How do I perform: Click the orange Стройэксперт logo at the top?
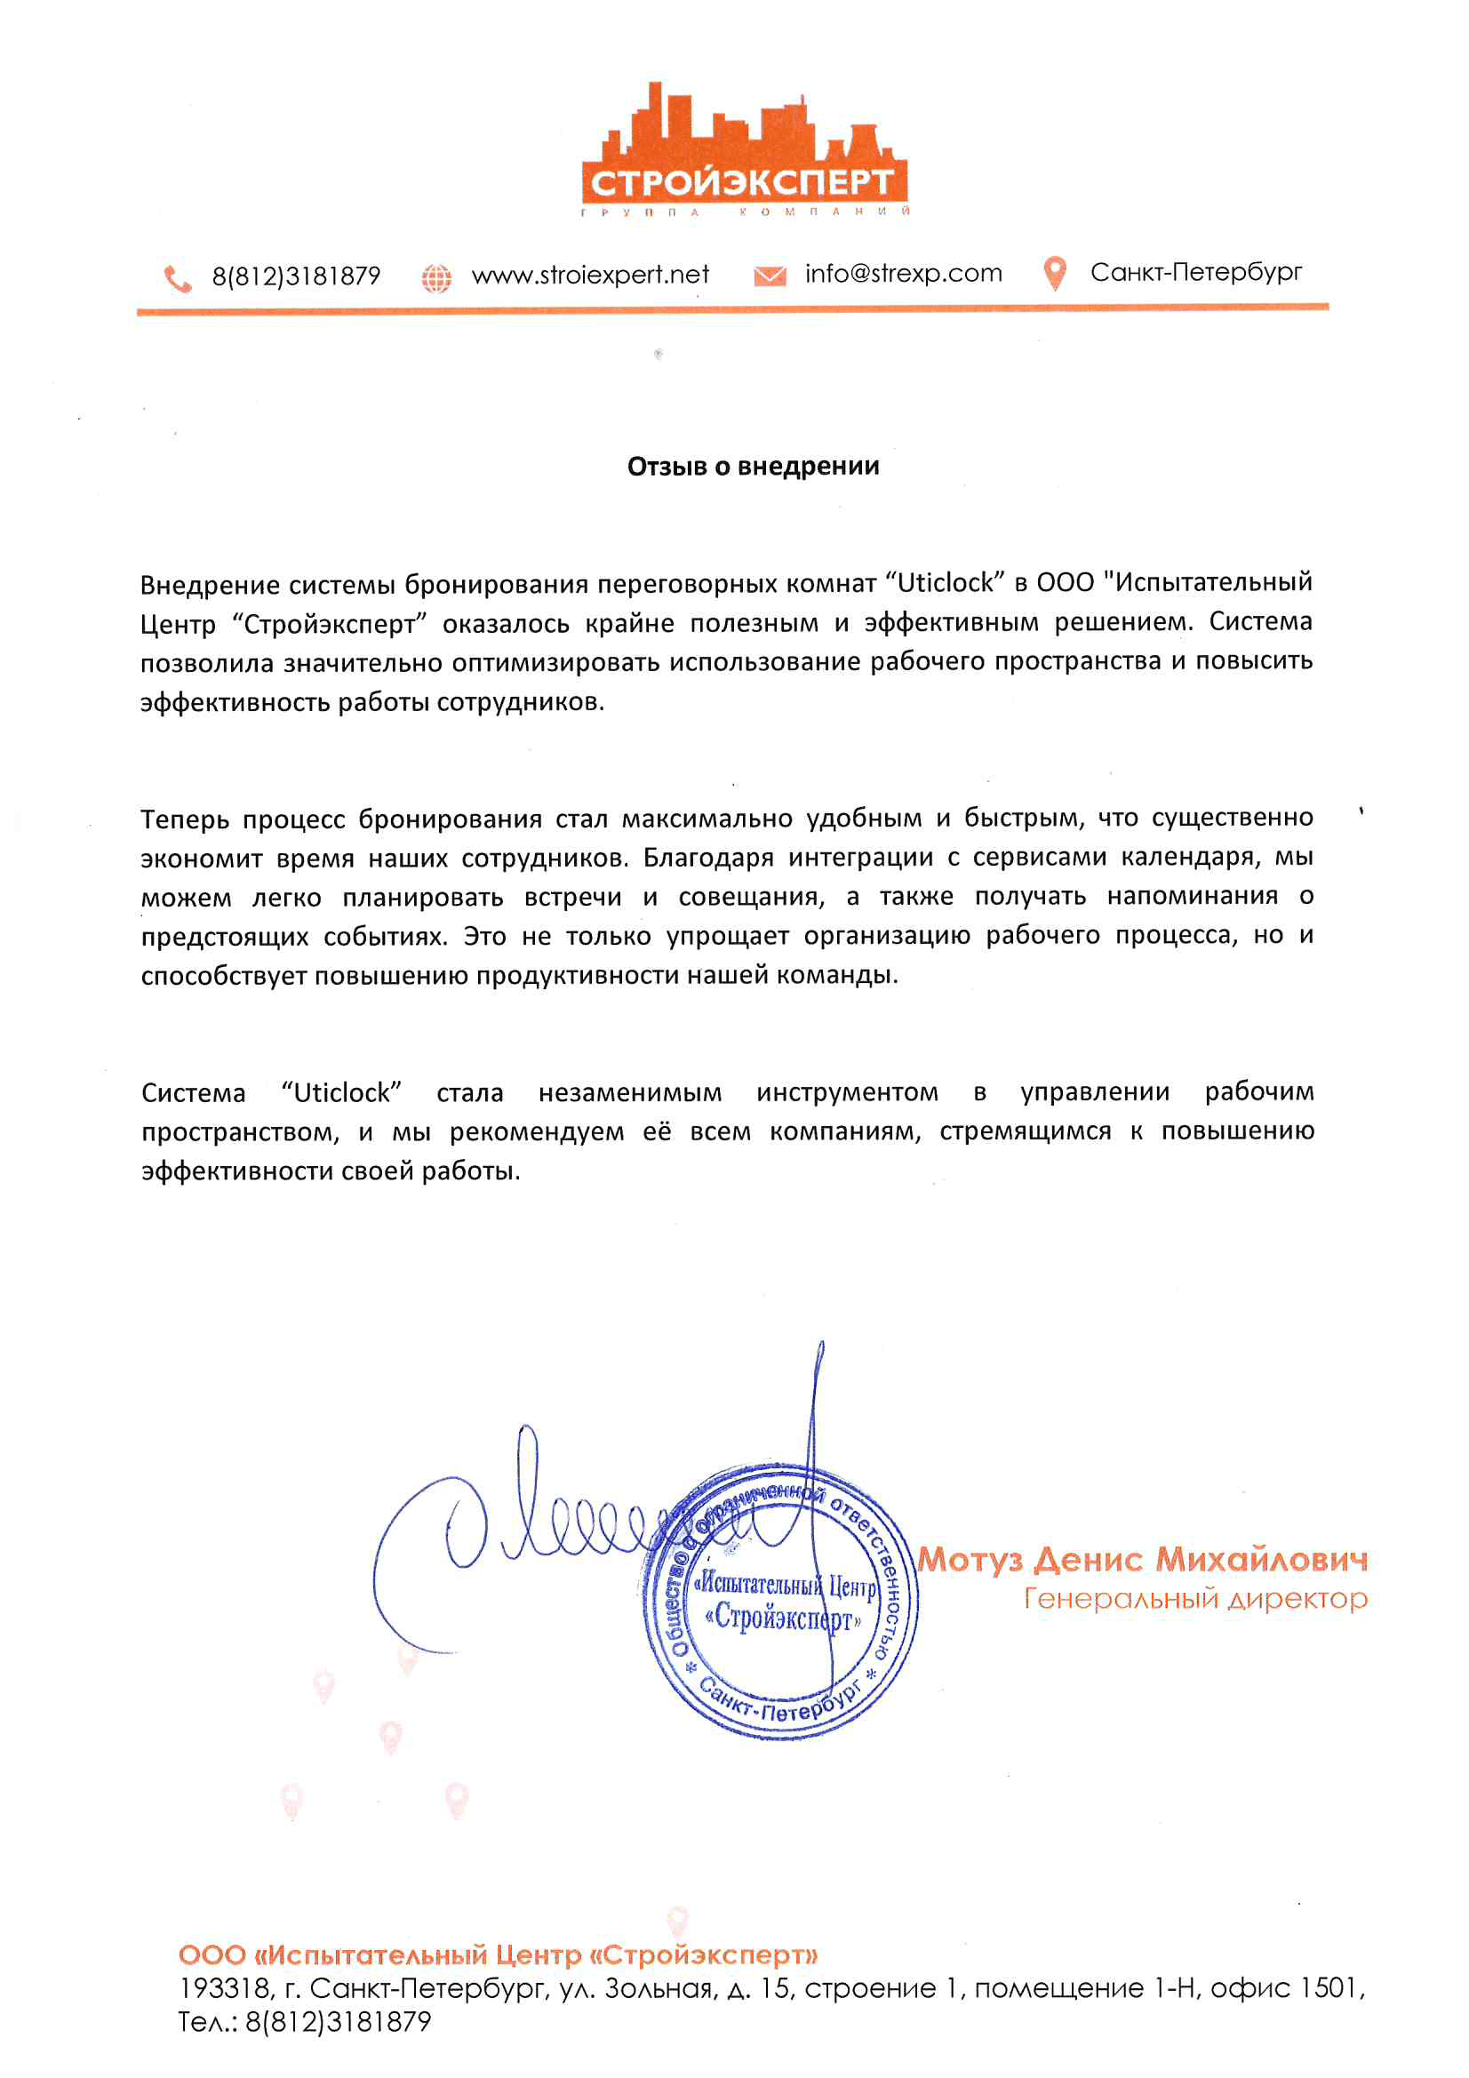tap(744, 154)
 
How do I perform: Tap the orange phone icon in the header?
tap(178, 278)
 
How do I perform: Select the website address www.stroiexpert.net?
tap(590, 276)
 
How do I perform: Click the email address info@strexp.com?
tap(903, 274)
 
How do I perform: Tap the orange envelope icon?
tap(770, 276)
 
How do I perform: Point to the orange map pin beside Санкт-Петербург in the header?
tap(1055, 273)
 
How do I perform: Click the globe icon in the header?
tap(436, 278)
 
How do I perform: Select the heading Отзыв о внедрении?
tap(753, 466)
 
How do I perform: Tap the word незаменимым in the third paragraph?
tap(630, 1093)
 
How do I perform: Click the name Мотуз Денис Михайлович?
tap(1142, 1560)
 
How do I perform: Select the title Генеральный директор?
tap(1194, 1599)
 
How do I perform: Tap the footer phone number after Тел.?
tap(338, 2022)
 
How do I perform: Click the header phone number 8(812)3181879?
tap(296, 277)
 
